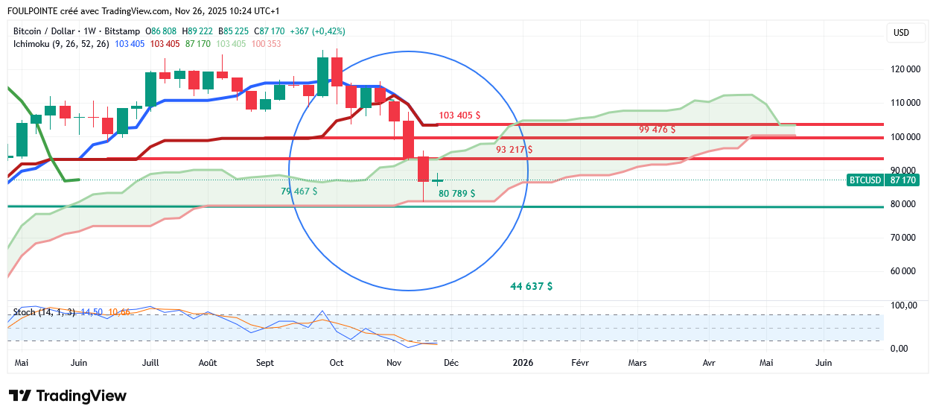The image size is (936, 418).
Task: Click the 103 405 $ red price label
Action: coord(459,115)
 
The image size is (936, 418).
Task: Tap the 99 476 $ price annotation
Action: coord(657,129)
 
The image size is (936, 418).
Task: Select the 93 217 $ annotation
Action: coord(515,149)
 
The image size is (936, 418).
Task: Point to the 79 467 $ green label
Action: coord(299,191)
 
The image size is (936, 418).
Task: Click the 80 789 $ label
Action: coord(457,194)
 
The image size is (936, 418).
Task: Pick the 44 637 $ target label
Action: coord(531,286)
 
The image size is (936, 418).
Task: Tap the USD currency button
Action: coord(901,32)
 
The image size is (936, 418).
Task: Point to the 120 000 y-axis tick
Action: coord(905,69)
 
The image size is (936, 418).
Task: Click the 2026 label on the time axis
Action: coord(522,363)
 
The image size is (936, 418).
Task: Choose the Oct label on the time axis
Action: coord(337,363)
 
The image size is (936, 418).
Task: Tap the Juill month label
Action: coord(150,363)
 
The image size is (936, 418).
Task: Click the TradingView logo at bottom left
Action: coord(68,396)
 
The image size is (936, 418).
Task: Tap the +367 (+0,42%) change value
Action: coord(318,31)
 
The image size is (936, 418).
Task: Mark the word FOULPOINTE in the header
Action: coord(33,10)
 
